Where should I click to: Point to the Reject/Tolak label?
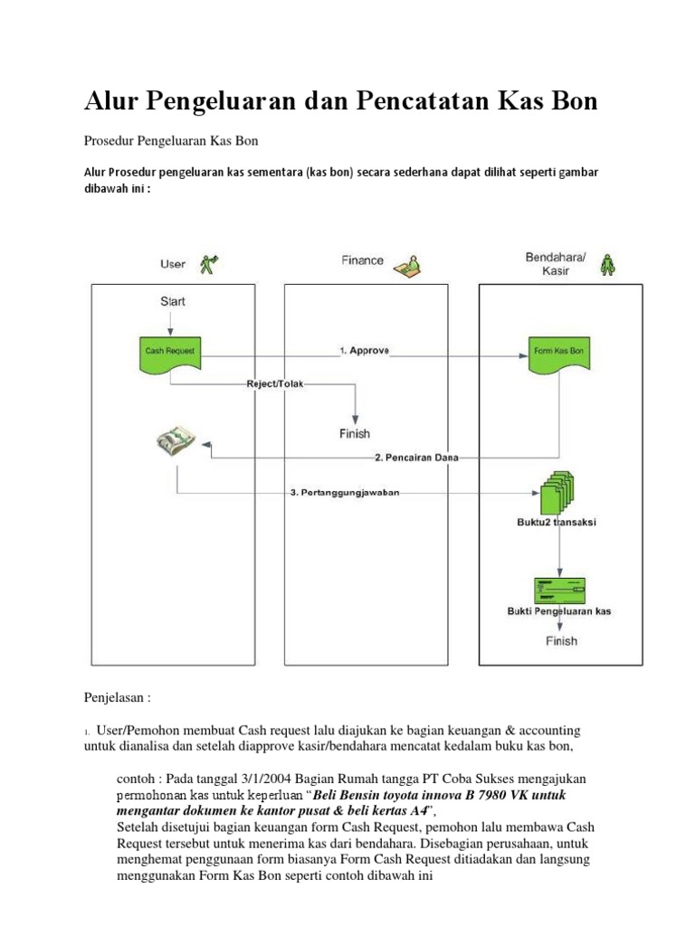(x=276, y=384)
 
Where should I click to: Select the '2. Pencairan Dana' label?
(x=416, y=458)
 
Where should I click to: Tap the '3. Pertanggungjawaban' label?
(x=344, y=493)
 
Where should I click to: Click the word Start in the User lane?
(x=173, y=301)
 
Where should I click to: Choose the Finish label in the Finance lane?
(x=355, y=434)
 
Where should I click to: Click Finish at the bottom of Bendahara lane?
(x=561, y=641)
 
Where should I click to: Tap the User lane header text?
(x=173, y=264)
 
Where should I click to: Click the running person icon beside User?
(x=211, y=264)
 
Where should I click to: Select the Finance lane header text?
(x=362, y=260)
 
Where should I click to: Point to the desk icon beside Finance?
(x=407, y=263)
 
